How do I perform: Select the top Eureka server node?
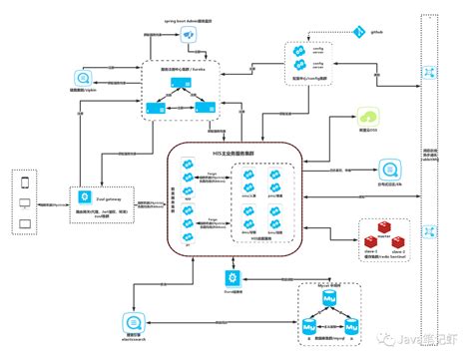tap(180, 83)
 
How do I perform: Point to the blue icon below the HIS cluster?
tap(233, 274)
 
